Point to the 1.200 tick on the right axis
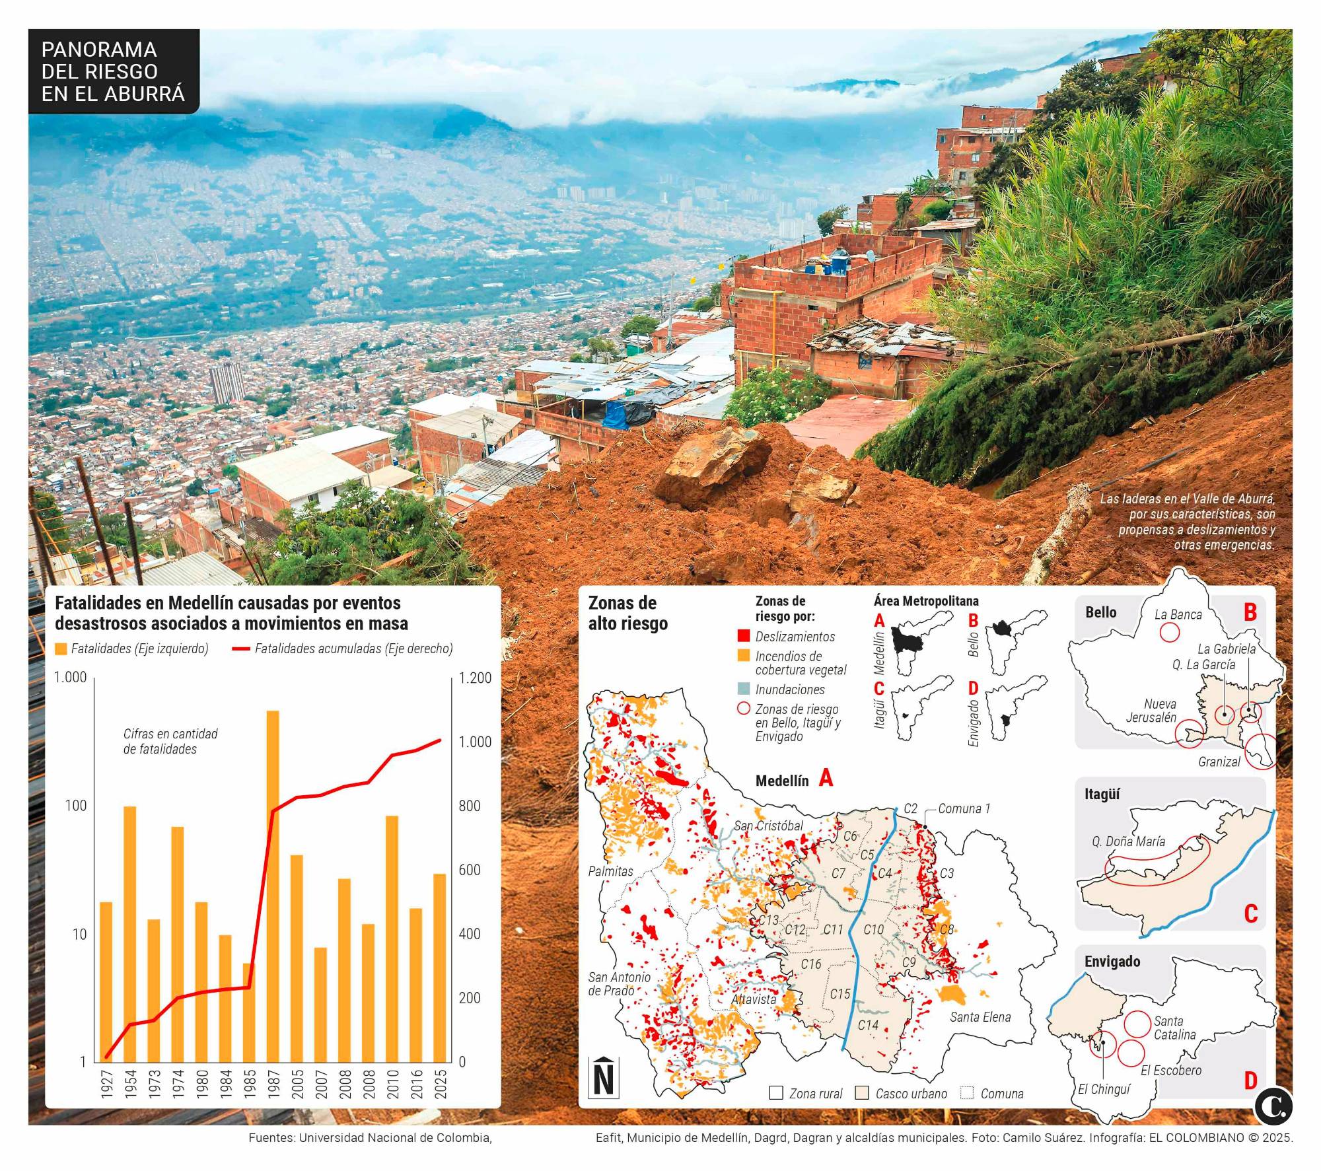(476, 678)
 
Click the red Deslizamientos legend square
(744, 637)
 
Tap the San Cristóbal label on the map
(769, 826)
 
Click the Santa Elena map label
(980, 1017)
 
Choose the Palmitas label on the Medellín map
(611, 871)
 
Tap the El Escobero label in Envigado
(1171, 1071)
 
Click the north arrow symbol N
(604, 1076)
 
